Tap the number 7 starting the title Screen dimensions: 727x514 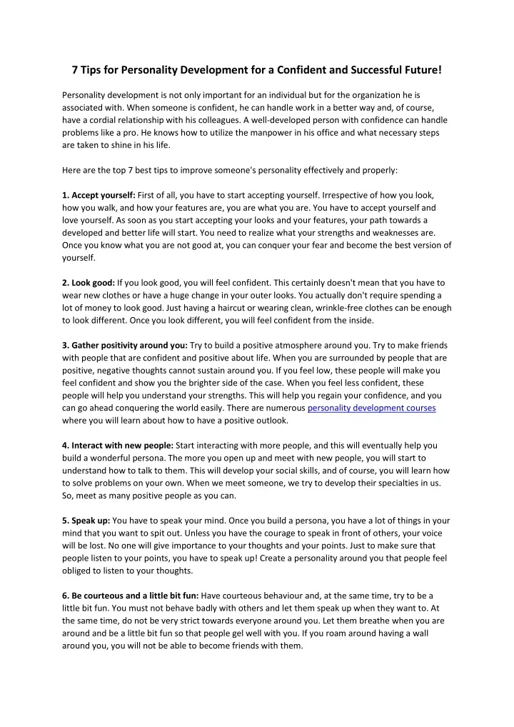75,69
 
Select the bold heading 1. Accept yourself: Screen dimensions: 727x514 99,195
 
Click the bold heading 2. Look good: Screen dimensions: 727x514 89,283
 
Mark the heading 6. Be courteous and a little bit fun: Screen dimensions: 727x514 131,595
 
